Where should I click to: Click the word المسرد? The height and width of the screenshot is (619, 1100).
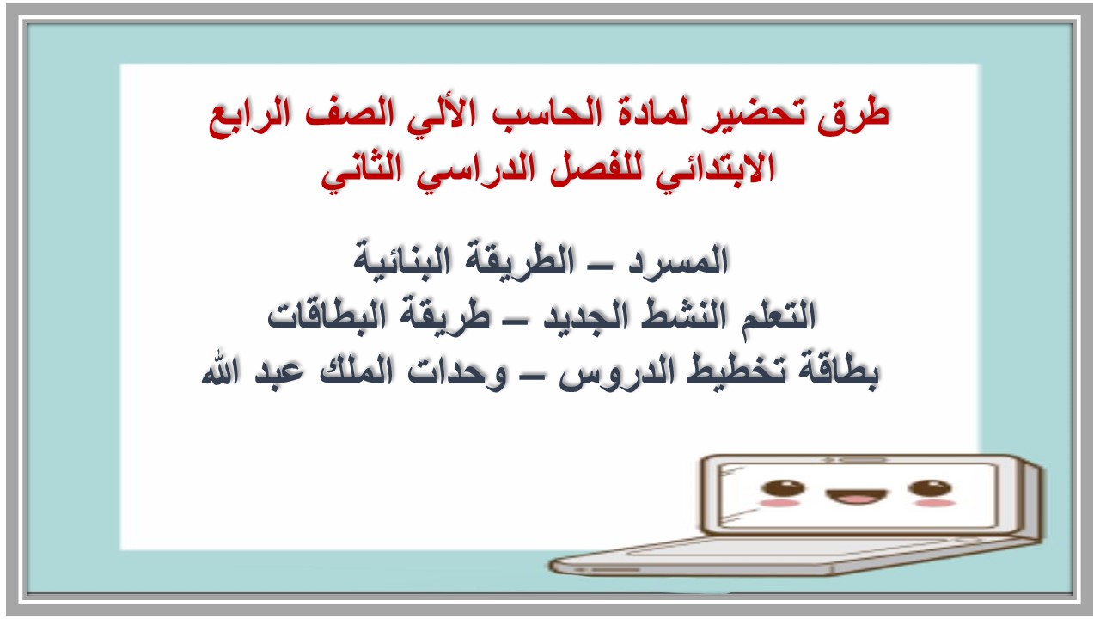coord(680,260)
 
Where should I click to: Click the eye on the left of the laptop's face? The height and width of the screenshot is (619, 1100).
coord(782,488)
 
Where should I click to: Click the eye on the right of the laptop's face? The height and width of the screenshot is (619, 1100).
coord(930,488)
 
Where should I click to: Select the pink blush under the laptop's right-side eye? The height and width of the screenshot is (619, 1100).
coord(934,502)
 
